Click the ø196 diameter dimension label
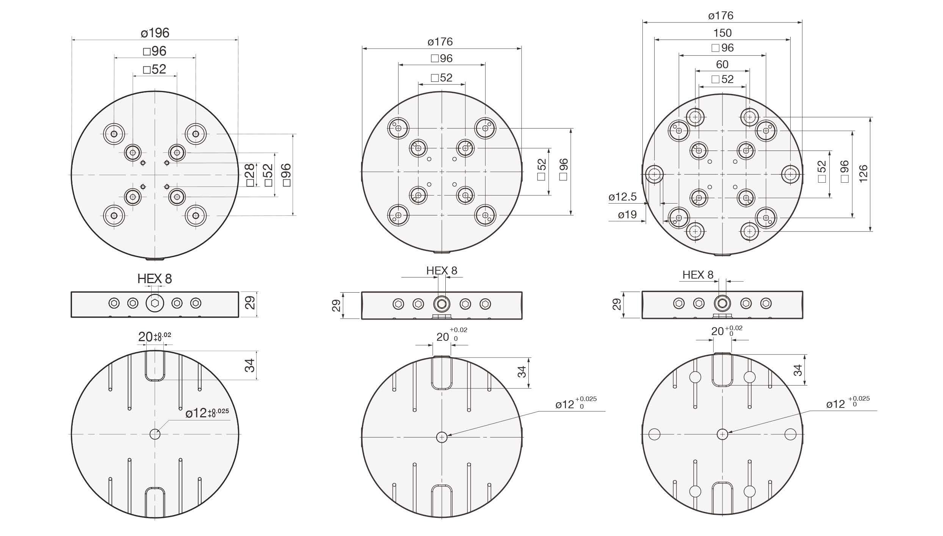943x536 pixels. (x=155, y=33)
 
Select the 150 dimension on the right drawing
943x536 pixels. (x=722, y=33)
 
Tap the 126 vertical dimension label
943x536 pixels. (x=863, y=174)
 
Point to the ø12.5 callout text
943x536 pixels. (x=622, y=197)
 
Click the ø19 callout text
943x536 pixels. (x=627, y=215)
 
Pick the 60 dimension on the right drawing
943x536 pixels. (x=722, y=64)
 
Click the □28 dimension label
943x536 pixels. (x=250, y=175)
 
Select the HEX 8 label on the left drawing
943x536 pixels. (x=155, y=279)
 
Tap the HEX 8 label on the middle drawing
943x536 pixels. (x=442, y=271)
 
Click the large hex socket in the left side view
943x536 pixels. (x=155, y=303)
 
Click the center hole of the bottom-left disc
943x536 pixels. (x=155, y=434)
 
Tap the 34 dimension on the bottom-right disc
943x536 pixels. (x=798, y=370)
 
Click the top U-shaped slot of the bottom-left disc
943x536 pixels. (x=155, y=366)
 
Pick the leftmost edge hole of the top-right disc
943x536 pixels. (x=654, y=174)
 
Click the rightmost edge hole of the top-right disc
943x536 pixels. (x=790, y=174)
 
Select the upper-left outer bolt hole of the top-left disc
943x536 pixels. (x=114, y=134)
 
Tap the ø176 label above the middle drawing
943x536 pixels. (x=440, y=42)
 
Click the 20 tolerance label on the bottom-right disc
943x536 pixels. (x=726, y=331)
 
